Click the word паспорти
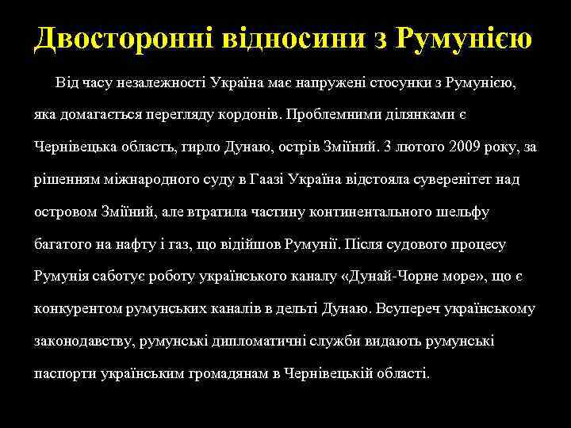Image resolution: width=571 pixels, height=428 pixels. (x=65, y=373)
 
